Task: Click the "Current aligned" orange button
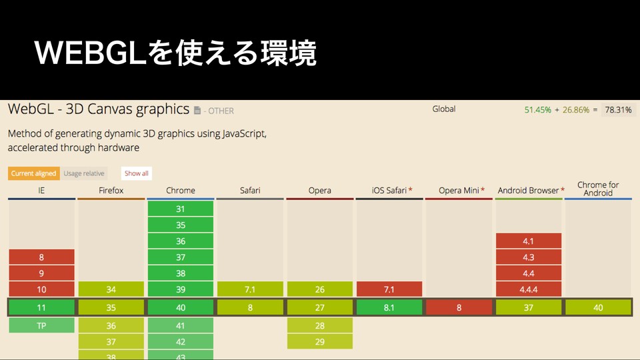[x=34, y=173]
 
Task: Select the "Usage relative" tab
[x=84, y=173]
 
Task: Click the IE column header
[x=41, y=191]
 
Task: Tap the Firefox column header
[x=111, y=191]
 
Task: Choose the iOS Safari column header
[x=392, y=191]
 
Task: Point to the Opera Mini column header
[x=461, y=191]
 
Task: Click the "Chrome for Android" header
[x=598, y=189]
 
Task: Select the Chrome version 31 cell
[x=181, y=209]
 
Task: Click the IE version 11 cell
[x=41, y=307]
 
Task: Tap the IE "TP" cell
[x=41, y=325]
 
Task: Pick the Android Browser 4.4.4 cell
[x=528, y=289]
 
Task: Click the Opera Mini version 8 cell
[x=459, y=307]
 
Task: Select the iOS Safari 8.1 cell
[x=389, y=307]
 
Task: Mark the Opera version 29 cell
[x=320, y=341]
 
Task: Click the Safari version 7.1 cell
[x=250, y=289]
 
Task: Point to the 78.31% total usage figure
[x=618, y=110]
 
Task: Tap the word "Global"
[x=444, y=109]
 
